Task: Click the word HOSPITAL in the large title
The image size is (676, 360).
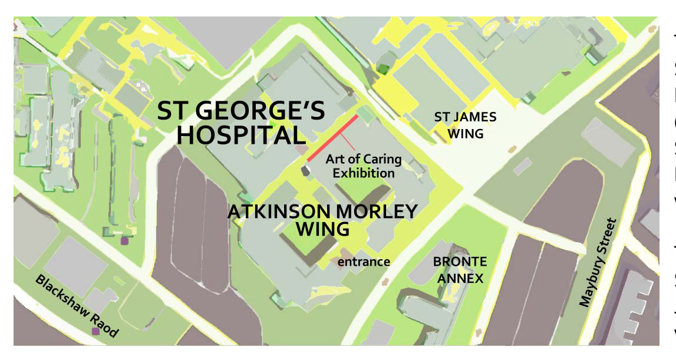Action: [241, 136]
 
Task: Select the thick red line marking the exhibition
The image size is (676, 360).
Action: [332, 138]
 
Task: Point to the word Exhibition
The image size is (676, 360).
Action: [364, 173]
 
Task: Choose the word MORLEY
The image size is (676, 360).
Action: [380, 212]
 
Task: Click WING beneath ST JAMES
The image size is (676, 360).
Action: [465, 134]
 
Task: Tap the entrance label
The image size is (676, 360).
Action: [364, 261]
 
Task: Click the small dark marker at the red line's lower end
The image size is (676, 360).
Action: [305, 170]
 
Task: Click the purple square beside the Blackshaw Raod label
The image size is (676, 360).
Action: [95, 331]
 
